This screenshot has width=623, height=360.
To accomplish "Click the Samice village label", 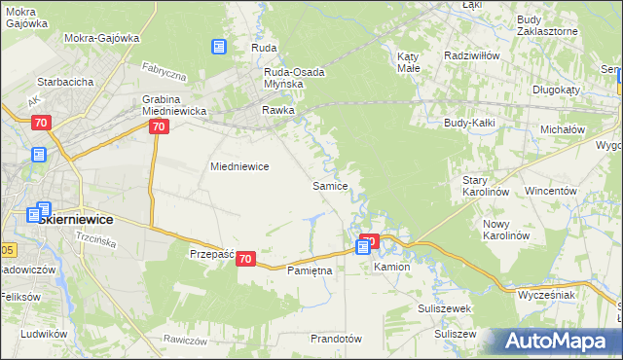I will [329, 185].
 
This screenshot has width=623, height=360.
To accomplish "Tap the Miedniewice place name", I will [239, 166].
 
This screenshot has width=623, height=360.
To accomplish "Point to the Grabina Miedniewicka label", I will [174, 105].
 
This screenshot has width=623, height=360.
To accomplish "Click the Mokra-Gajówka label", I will [102, 38].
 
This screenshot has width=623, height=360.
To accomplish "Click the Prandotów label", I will [335, 339].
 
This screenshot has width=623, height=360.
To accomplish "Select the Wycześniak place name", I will [547, 293].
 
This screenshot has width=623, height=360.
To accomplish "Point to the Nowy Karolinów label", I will [505, 230].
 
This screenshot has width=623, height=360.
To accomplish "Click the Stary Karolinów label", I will [486, 186].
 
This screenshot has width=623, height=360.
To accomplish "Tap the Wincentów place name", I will [551, 191].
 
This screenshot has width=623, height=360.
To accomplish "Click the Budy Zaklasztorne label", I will [547, 25].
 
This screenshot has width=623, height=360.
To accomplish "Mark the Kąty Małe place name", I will [409, 63].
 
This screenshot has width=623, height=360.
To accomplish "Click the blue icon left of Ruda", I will [219, 46].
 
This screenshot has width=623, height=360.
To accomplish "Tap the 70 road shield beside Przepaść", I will [245, 259].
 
